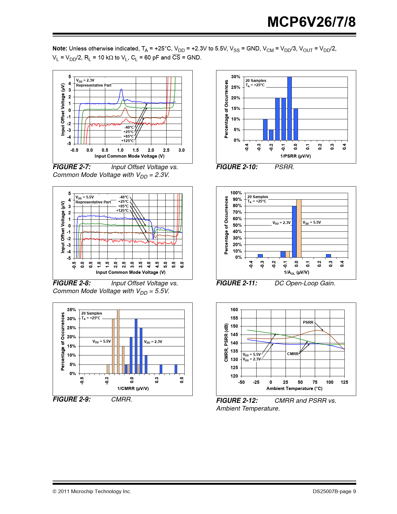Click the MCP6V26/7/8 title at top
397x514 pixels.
tap(311, 22)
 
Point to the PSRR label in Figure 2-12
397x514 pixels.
tap(308, 322)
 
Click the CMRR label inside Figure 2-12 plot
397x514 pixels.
tap(293, 354)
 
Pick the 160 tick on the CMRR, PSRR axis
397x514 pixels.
tap(234, 310)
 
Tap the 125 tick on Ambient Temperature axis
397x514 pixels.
tap(344, 382)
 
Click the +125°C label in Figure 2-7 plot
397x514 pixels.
tap(128, 141)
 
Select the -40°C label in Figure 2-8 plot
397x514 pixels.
tap(124, 197)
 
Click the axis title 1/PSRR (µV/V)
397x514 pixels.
tap(295, 156)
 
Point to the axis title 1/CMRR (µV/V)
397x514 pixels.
tap(133, 388)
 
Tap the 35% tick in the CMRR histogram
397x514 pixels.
tap(72, 310)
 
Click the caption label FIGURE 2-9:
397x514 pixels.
tap(72, 399)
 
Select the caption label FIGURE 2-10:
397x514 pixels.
tap(237, 167)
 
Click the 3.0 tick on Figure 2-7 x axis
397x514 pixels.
tap(182, 150)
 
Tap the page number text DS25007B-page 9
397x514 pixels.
tap(334, 492)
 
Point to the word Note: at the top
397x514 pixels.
tap(60, 49)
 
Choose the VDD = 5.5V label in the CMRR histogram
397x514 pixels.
tap(102, 341)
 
